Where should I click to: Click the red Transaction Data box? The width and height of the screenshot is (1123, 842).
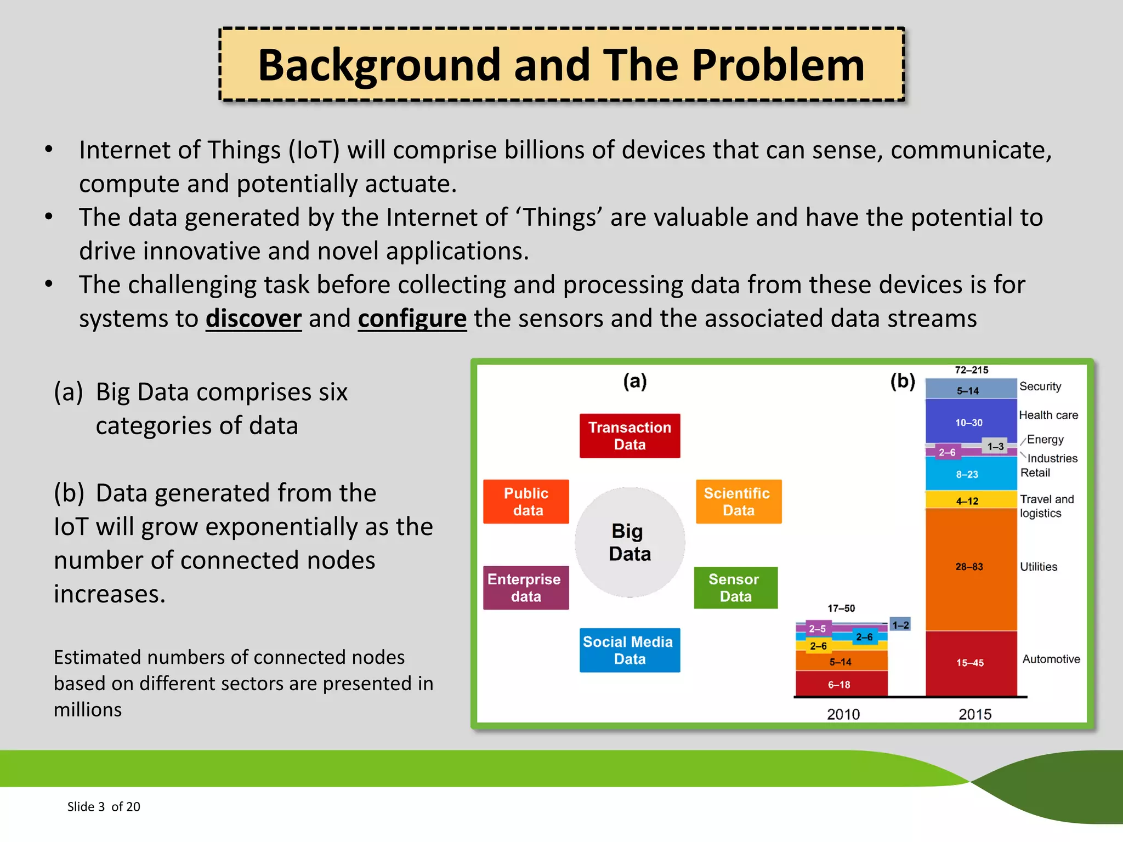coord(629,436)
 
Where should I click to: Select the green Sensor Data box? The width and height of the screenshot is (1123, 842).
coord(735,588)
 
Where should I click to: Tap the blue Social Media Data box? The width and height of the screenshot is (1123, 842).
coord(629,650)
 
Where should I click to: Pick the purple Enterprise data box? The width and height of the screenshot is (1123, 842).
coord(525,588)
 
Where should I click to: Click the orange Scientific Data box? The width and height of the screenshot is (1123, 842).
coord(738,502)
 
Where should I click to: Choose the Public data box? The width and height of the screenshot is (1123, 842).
coord(526,502)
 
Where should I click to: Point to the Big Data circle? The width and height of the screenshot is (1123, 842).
coord(629,542)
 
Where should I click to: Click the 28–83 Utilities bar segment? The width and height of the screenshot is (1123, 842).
coord(970,567)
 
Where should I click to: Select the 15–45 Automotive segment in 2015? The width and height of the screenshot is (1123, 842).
coord(970,663)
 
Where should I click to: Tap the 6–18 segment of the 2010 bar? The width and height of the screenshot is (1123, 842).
coord(840,685)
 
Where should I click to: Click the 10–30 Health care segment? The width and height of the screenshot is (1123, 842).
coord(969,423)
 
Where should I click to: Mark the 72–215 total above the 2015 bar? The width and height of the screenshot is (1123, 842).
coord(971,370)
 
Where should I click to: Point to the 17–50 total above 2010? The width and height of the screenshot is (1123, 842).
coord(841,608)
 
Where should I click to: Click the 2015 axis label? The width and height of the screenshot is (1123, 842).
coord(974,714)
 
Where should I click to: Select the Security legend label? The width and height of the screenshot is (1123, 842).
coord(1040,386)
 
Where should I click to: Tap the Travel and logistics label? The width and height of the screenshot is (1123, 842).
coord(1046,506)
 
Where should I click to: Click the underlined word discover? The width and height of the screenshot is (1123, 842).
coord(253,318)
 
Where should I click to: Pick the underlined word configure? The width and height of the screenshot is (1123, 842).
coord(412,318)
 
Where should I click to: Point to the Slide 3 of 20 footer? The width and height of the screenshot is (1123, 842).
coord(104,806)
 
